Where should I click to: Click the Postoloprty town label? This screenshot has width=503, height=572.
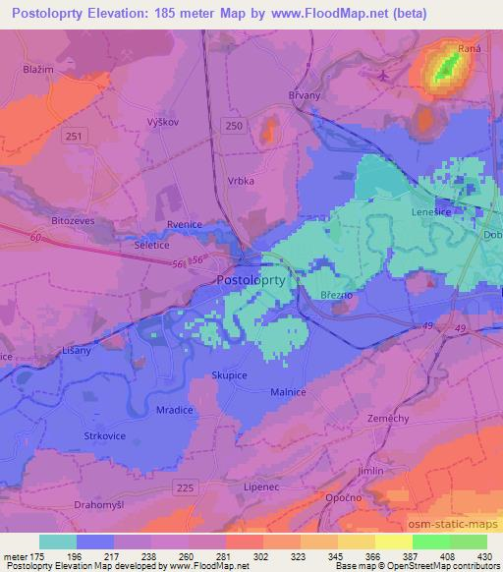coord(251,280)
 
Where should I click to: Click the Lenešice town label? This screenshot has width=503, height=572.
coord(429,211)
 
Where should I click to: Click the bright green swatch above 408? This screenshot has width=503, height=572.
coord(430,542)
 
